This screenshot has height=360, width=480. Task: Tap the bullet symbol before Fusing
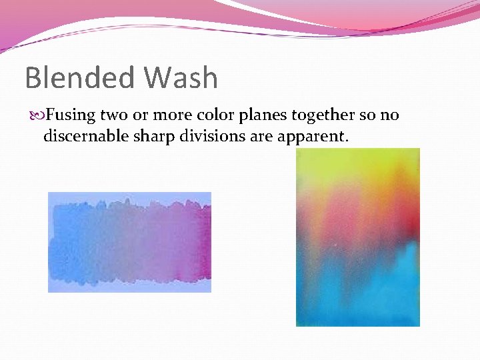pos(35,116)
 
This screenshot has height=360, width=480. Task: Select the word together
pos(319,115)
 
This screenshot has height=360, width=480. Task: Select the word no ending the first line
pos(389,115)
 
